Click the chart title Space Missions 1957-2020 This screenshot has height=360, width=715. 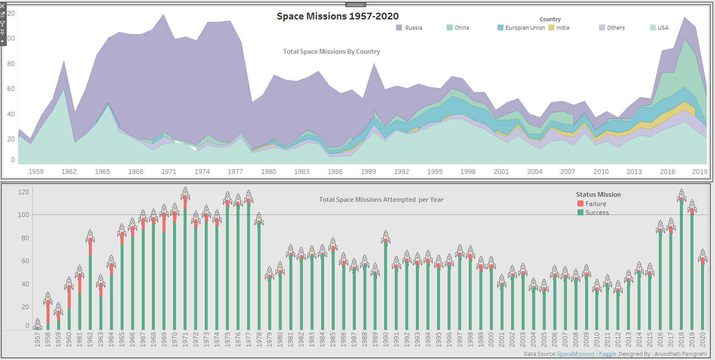[x=338, y=16]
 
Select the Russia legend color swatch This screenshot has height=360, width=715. [x=399, y=27]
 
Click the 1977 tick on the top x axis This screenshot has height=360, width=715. [x=235, y=171]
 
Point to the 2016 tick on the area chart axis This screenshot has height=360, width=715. [x=668, y=171]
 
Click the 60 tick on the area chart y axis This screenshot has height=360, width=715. [x=11, y=89]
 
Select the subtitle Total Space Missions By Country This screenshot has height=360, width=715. [x=331, y=52]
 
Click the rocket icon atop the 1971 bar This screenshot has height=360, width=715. [x=185, y=194]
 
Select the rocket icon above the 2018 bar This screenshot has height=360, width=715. [x=681, y=196]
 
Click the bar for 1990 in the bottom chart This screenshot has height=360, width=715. [x=385, y=288]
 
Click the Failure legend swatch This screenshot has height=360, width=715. [x=580, y=204]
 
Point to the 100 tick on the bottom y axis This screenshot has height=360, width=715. [x=23, y=215]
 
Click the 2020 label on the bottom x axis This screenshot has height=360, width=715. [x=702, y=339]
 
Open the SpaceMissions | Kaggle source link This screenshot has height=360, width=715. [x=586, y=354]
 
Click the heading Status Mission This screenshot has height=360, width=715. [x=598, y=195]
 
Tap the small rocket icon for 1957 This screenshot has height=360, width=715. [x=37, y=324]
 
